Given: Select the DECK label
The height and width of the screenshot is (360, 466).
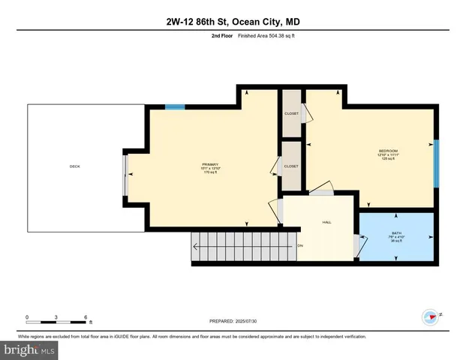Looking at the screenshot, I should click(x=74, y=166).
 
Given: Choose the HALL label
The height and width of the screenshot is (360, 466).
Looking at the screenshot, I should click(x=326, y=222).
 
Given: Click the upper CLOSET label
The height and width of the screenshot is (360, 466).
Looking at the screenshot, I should click(x=291, y=114).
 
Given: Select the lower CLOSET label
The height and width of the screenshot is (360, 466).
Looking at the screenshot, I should click(x=291, y=166).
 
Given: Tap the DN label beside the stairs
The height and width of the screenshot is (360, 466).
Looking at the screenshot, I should click(x=300, y=246).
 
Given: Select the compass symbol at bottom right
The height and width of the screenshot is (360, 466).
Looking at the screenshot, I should click(x=431, y=316).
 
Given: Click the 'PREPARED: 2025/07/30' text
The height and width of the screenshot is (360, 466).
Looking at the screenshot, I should click(x=233, y=321).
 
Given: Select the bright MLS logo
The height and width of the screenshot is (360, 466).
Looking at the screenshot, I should click(x=29, y=349).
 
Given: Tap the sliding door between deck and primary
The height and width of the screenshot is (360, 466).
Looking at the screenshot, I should click(x=125, y=172).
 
